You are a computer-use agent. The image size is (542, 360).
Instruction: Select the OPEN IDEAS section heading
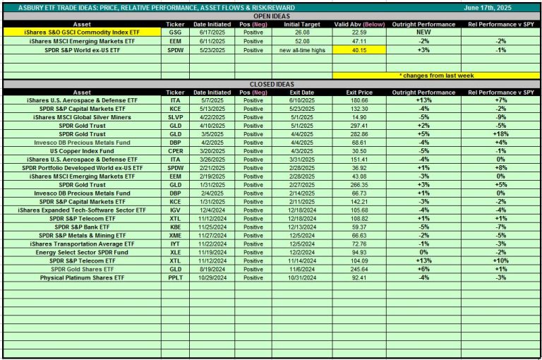tap(271, 16)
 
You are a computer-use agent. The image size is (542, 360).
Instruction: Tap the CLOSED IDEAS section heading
tap(271, 84)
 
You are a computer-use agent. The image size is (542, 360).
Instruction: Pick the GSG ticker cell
tap(174, 32)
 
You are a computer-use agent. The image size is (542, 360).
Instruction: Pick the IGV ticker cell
tap(174, 210)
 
